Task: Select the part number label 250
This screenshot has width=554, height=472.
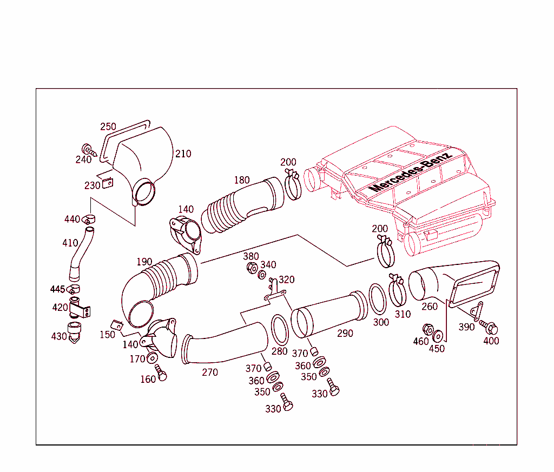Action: click(x=108, y=127)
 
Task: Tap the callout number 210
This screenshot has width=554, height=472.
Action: click(x=183, y=154)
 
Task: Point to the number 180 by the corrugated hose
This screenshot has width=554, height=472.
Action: click(x=242, y=180)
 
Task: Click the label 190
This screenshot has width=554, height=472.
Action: click(x=144, y=262)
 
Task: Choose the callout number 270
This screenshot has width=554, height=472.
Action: click(x=210, y=372)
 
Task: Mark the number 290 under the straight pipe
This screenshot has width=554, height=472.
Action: click(x=345, y=333)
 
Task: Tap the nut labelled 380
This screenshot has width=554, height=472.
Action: click(x=252, y=268)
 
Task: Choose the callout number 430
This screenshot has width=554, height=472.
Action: click(x=59, y=336)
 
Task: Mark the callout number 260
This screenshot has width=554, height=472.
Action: click(x=429, y=307)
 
